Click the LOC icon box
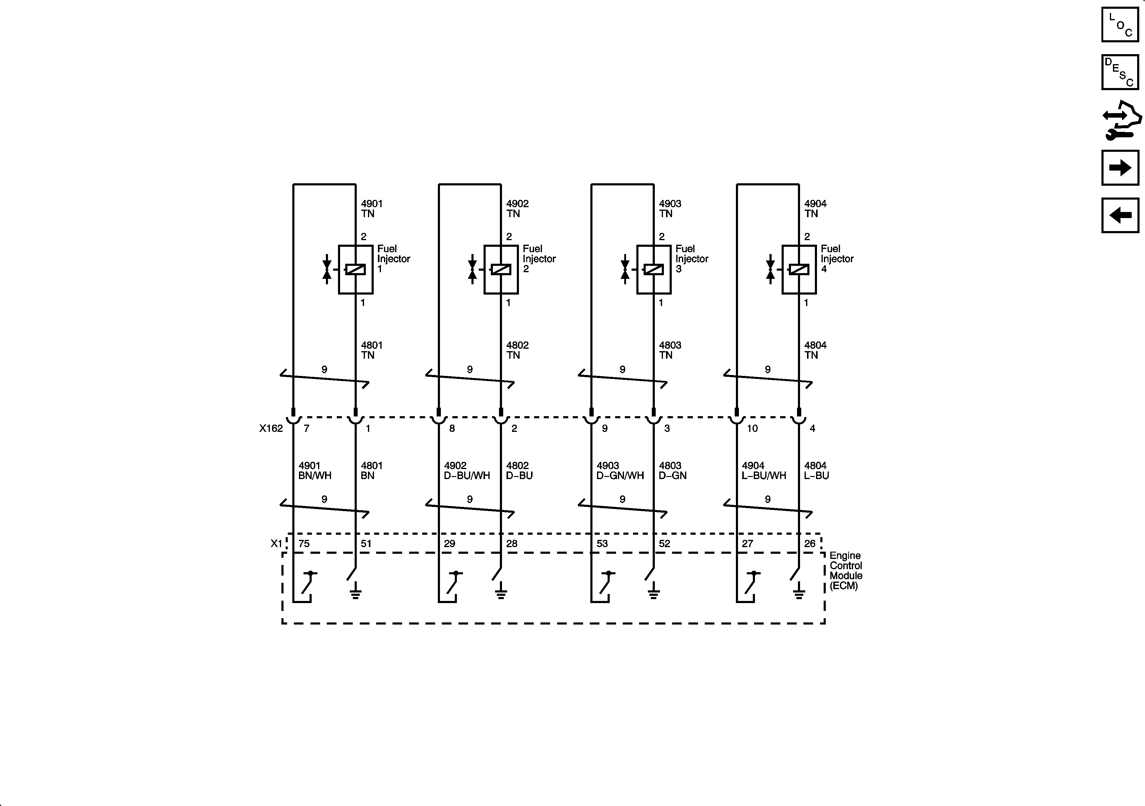coord(1120,24)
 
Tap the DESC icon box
coord(1120,72)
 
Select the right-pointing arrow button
coord(1120,168)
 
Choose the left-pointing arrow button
coord(1120,215)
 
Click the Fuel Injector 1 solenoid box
coord(356,270)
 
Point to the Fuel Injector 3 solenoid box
coord(654,270)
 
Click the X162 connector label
coord(271,428)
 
